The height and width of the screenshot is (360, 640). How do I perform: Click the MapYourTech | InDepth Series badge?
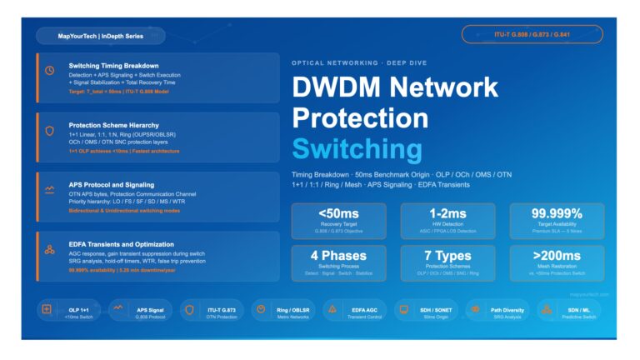(x=100, y=37)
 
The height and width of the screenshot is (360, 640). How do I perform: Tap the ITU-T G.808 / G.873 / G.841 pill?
(x=532, y=34)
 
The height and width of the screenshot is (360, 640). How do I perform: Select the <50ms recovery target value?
(x=338, y=212)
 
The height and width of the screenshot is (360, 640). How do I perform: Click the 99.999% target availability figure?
(x=556, y=212)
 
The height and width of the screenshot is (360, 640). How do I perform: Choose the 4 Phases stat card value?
(x=338, y=254)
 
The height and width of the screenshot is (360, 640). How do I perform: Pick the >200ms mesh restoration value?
(x=556, y=254)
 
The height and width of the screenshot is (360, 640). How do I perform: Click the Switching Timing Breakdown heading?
(x=113, y=66)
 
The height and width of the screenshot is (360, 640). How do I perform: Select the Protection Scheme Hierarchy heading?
(x=113, y=125)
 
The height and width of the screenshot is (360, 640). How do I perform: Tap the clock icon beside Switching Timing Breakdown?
(x=50, y=71)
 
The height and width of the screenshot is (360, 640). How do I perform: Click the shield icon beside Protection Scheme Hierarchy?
(x=50, y=130)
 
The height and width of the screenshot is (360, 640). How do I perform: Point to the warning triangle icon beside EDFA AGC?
(x=333, y=309)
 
